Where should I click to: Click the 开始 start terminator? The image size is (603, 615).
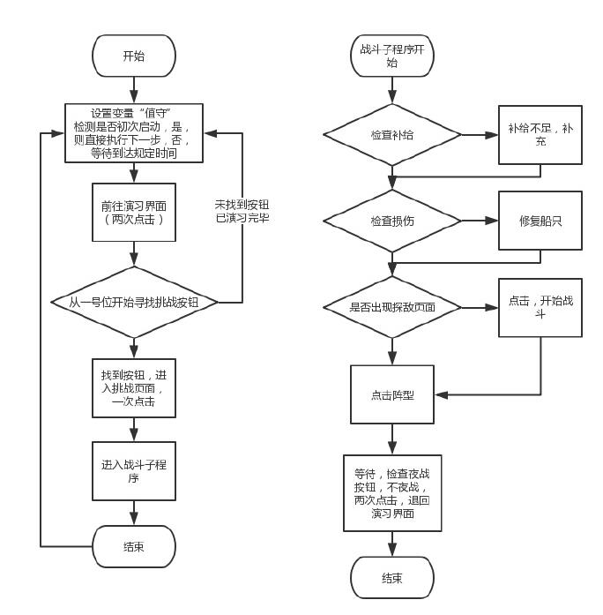[x=134, y=56]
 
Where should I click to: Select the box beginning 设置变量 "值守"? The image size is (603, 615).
[x=134, y=133]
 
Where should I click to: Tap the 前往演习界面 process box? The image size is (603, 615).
[x=134, y=212]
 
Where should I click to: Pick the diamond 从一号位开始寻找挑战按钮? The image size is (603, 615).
[x=134, y=302]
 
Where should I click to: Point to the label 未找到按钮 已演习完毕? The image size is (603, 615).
[x=242, y=210]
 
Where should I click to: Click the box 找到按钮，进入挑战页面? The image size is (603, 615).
[x=134, y=387]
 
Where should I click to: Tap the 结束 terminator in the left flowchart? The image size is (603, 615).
[x=134, y=546]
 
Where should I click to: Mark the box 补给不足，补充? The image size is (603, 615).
[x=540, y=135]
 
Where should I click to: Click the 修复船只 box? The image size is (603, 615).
[x=540, y=221]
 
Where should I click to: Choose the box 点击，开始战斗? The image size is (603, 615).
[x=540, y=307]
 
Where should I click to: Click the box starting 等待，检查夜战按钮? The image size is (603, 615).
[x=392, y=492]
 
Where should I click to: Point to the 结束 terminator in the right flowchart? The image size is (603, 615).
[x=392, y=578]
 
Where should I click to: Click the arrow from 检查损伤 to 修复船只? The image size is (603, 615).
[x=480, y=221]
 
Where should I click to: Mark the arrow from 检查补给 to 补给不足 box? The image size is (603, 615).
[x=480, y=136]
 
